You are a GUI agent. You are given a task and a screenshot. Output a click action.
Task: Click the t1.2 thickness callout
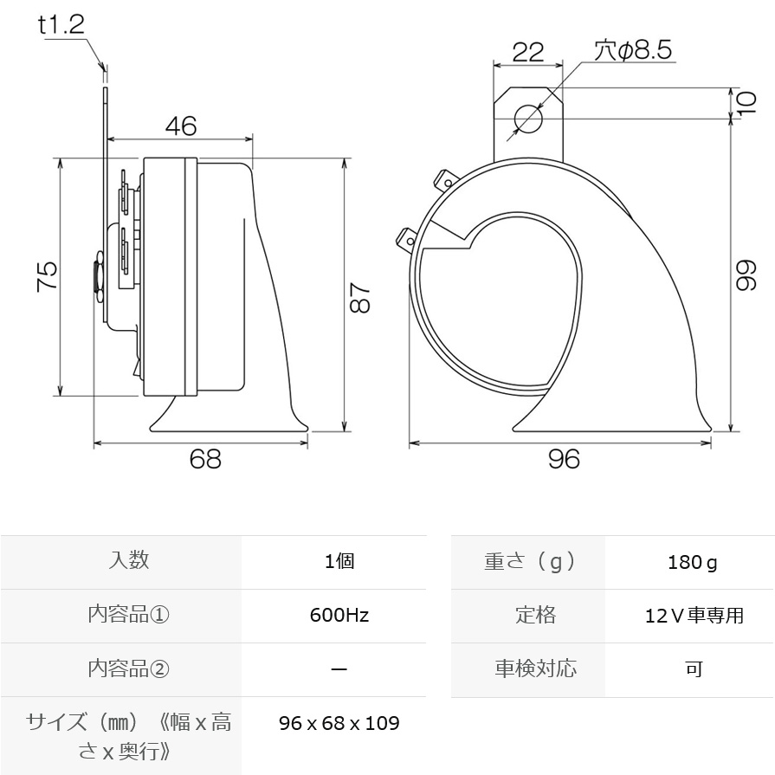coord(61,25)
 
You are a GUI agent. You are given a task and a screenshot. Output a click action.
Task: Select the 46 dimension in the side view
coord(181,126)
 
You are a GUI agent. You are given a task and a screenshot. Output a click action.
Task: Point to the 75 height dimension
coord(48,276)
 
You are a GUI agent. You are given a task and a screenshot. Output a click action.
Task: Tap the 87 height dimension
coord(360,298)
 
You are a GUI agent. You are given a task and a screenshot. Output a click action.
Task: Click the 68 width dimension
coord(205,459)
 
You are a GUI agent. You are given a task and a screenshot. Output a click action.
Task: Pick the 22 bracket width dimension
coord(528,52)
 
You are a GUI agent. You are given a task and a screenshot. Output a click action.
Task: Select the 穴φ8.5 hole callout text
coord(633,50)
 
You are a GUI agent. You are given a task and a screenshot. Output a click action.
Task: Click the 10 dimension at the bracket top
coord(746,103)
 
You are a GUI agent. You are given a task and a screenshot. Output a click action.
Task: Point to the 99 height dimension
coord(746,275)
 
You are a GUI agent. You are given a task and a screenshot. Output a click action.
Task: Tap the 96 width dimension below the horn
coord(564,459)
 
